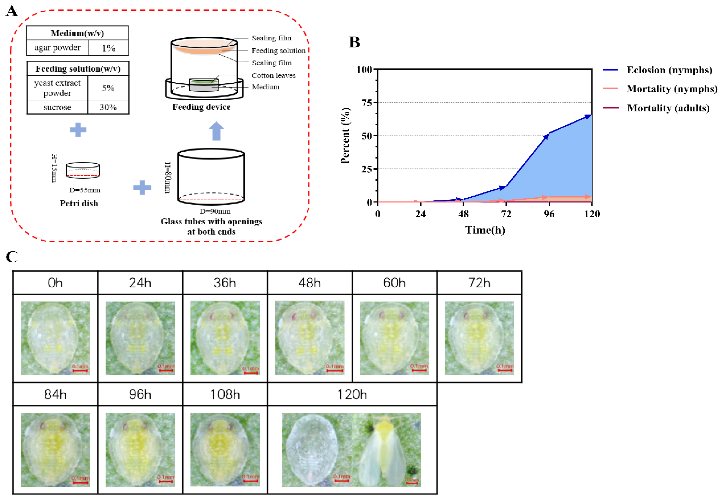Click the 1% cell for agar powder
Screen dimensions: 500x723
tap(109, 48)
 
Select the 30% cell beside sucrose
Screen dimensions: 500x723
tap(108, 107)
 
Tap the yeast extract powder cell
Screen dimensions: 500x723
tap(57, 88)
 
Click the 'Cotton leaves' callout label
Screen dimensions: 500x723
tap(274, 76)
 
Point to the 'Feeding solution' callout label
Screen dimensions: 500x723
tap(279, 50)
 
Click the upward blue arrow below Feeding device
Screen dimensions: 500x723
tap(216, 131)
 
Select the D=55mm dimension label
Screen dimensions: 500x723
tap(85, 190)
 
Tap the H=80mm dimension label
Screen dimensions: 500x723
tap(168, 178)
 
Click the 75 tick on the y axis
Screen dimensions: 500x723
tap(367, 103)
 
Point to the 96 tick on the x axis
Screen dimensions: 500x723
tap(549, 214)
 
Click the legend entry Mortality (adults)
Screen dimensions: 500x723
tap(668, 108)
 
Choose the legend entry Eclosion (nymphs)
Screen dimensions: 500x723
tap(669, 70)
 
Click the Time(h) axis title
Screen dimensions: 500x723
tap(485, 230)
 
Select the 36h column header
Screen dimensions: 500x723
tap(225, 283)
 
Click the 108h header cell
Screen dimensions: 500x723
tap(225, 394)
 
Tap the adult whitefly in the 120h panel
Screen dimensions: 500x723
tap(387, 450)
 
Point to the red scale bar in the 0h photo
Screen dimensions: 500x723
tap(80, 371)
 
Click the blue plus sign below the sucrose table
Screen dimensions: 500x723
tap(78, 130)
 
